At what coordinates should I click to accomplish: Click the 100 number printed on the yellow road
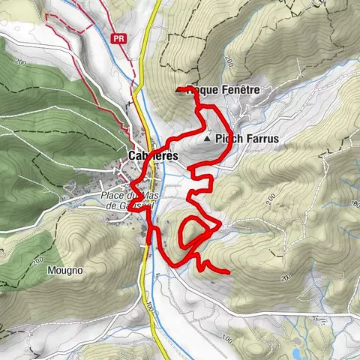coord(150,305)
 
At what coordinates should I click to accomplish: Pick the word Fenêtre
coord(240,89)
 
